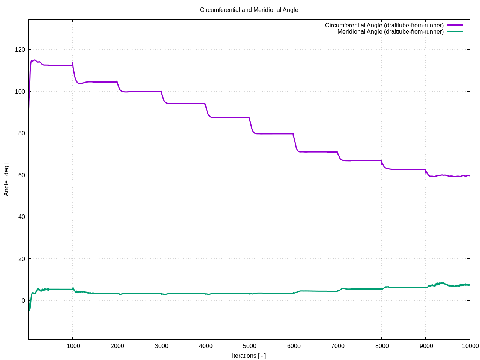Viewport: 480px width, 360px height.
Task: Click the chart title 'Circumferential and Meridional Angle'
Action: (x=249, y=10)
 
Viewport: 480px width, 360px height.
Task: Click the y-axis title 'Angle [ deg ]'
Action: (x=6, y=179)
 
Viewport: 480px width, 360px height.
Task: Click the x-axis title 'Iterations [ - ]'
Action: (x=249, y=355)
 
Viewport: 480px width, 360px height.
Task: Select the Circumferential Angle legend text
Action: (x=384, y=25)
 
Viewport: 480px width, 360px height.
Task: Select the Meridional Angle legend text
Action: (x=390, y=31)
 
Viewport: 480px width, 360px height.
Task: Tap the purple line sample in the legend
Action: (x=455, y=25)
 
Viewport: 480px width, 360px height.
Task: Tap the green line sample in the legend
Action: (x=455, y=31)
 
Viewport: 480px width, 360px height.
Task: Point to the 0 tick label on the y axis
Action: (x=23, y=300)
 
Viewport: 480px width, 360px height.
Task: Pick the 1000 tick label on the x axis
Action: (x=73, y=346)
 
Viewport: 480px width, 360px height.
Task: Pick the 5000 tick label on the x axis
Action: (x=250, y=346)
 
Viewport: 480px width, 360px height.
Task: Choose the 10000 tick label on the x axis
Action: (x=470, y=346)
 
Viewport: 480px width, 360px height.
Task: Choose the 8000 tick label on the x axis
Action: (x=382, y=346)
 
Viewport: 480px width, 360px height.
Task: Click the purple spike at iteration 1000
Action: (x=73, y=63)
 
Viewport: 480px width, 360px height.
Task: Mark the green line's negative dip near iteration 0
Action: (x=30, y=309)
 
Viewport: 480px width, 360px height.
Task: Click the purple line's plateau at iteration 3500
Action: (x=183, y=103)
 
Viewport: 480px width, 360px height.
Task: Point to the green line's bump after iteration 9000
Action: (x=441, y=283)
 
